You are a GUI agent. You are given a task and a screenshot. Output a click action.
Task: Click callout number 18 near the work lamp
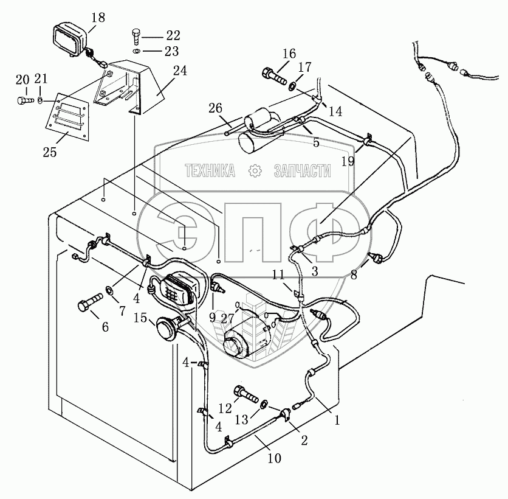[98, 17]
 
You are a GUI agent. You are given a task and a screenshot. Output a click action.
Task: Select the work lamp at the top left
[70, 41]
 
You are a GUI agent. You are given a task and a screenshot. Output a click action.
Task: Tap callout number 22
[173, 35]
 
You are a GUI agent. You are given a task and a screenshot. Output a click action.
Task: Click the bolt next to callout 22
[136, 37]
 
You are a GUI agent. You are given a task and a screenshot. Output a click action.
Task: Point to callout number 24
[180, 71]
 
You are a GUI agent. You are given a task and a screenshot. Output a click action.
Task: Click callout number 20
[22, 80]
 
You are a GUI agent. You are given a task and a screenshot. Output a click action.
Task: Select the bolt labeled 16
[274, 75]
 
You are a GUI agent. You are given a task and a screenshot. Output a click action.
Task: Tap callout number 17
[304, 67]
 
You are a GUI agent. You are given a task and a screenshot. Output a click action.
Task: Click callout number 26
[216, 108]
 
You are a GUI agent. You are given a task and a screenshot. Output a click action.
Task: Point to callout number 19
[348, 161]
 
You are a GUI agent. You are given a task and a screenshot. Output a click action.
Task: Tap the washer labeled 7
[109, 290]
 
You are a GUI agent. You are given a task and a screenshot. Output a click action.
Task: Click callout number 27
[227, 319]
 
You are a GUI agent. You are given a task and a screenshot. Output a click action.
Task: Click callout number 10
[274, 458]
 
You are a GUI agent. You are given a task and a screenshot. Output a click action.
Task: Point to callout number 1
[337, 420]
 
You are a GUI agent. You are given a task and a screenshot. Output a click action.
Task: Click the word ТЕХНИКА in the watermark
[210, 170]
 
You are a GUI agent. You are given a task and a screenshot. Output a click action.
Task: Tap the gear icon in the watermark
[255, 170]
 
